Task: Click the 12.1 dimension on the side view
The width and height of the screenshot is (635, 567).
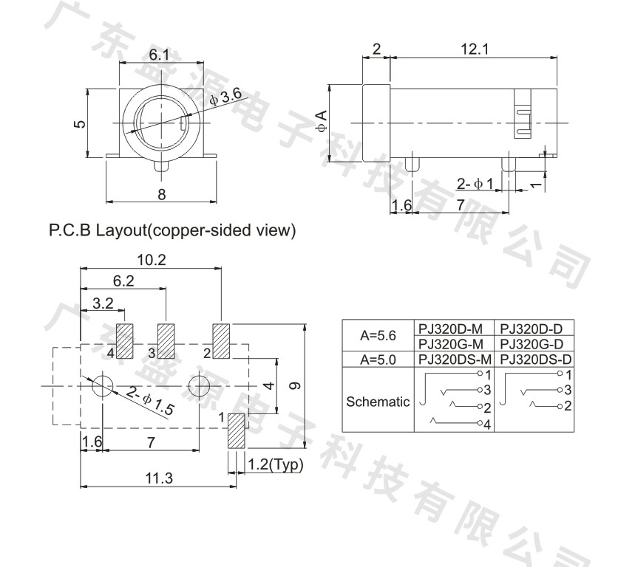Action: coord(475,49)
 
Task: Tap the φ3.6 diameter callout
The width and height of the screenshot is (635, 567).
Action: coord(225,96)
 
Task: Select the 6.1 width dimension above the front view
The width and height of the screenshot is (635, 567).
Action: coord(159,55)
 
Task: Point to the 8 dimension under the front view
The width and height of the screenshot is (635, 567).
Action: coord(162,194)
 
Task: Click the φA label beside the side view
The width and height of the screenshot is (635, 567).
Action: coord(322,121)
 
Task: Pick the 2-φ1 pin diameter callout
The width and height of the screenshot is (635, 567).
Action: coord(475,184)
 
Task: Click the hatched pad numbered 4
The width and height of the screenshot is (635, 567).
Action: coord(125,341)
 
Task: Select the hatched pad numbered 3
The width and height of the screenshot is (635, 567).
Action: coord(166,341)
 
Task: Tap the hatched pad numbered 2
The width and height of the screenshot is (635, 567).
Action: coord(221,341)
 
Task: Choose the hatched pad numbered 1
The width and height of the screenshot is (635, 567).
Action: coord(237,430)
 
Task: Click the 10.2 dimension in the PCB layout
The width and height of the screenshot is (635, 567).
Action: coord(152,260)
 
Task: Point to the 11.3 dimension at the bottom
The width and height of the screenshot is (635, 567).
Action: coord(159,478)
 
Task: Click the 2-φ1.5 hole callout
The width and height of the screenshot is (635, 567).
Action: coord(150,401)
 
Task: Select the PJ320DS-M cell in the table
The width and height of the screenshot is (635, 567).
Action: coord(455,359)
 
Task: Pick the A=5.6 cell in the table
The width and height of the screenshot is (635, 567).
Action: coord(378,335)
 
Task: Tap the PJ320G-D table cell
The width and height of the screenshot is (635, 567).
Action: coord(532,344)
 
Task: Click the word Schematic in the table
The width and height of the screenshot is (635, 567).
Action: coord(378,402)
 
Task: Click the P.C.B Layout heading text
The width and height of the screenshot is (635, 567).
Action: coord(97,230)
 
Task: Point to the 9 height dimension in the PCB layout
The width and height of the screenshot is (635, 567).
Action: coord(296,385)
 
